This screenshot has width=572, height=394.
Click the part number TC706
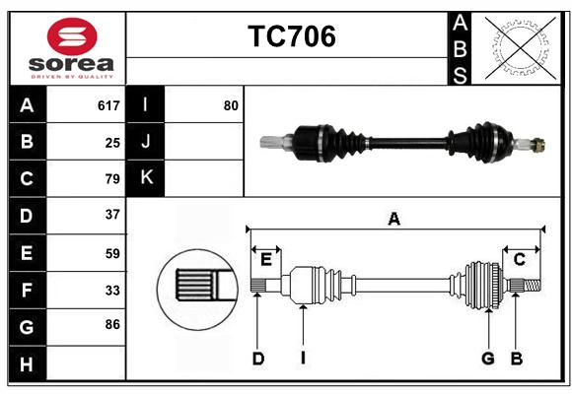(292, 36)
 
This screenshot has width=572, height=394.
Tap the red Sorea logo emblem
(72, 36)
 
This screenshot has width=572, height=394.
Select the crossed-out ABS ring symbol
(521, 48)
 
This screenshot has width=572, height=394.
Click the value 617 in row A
(108, 105)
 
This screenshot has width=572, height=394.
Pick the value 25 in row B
(112, 143)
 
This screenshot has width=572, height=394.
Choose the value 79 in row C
(112, 178)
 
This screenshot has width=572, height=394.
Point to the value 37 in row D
(112, 215)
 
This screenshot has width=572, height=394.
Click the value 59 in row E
(112, 253)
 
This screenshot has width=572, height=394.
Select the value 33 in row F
(112, 291)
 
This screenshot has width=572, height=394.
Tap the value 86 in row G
(112, 324)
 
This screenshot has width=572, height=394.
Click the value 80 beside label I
(231, 105)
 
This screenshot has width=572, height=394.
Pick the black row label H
(28, 364)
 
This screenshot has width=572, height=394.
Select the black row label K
(146, 178)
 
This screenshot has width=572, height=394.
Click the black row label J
(146, 141)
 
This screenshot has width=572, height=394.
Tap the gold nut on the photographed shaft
(538, 145)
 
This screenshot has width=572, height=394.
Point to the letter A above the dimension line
(393, 220)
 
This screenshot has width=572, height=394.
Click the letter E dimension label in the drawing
(266, 260)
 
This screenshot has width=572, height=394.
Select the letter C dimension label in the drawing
(519, 259)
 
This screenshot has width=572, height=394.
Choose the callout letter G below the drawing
(488, 359)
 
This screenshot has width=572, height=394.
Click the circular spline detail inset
(197, 290)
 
